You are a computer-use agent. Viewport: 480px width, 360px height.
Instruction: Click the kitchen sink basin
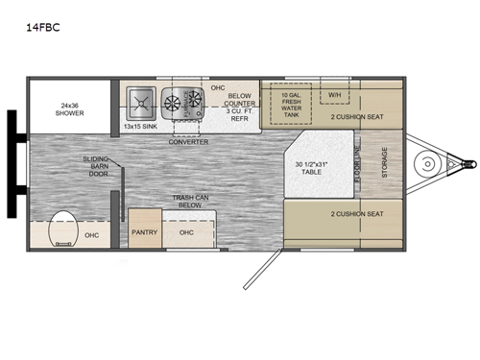point(138,101)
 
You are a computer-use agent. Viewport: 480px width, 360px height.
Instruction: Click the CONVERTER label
point(188,142)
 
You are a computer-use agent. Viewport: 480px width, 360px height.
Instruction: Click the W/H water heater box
point(334,95)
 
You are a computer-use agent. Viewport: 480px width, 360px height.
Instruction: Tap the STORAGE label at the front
point(387,165)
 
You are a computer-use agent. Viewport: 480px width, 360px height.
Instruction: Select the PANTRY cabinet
point(145,231)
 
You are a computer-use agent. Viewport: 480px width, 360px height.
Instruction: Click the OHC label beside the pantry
point(188,231)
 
